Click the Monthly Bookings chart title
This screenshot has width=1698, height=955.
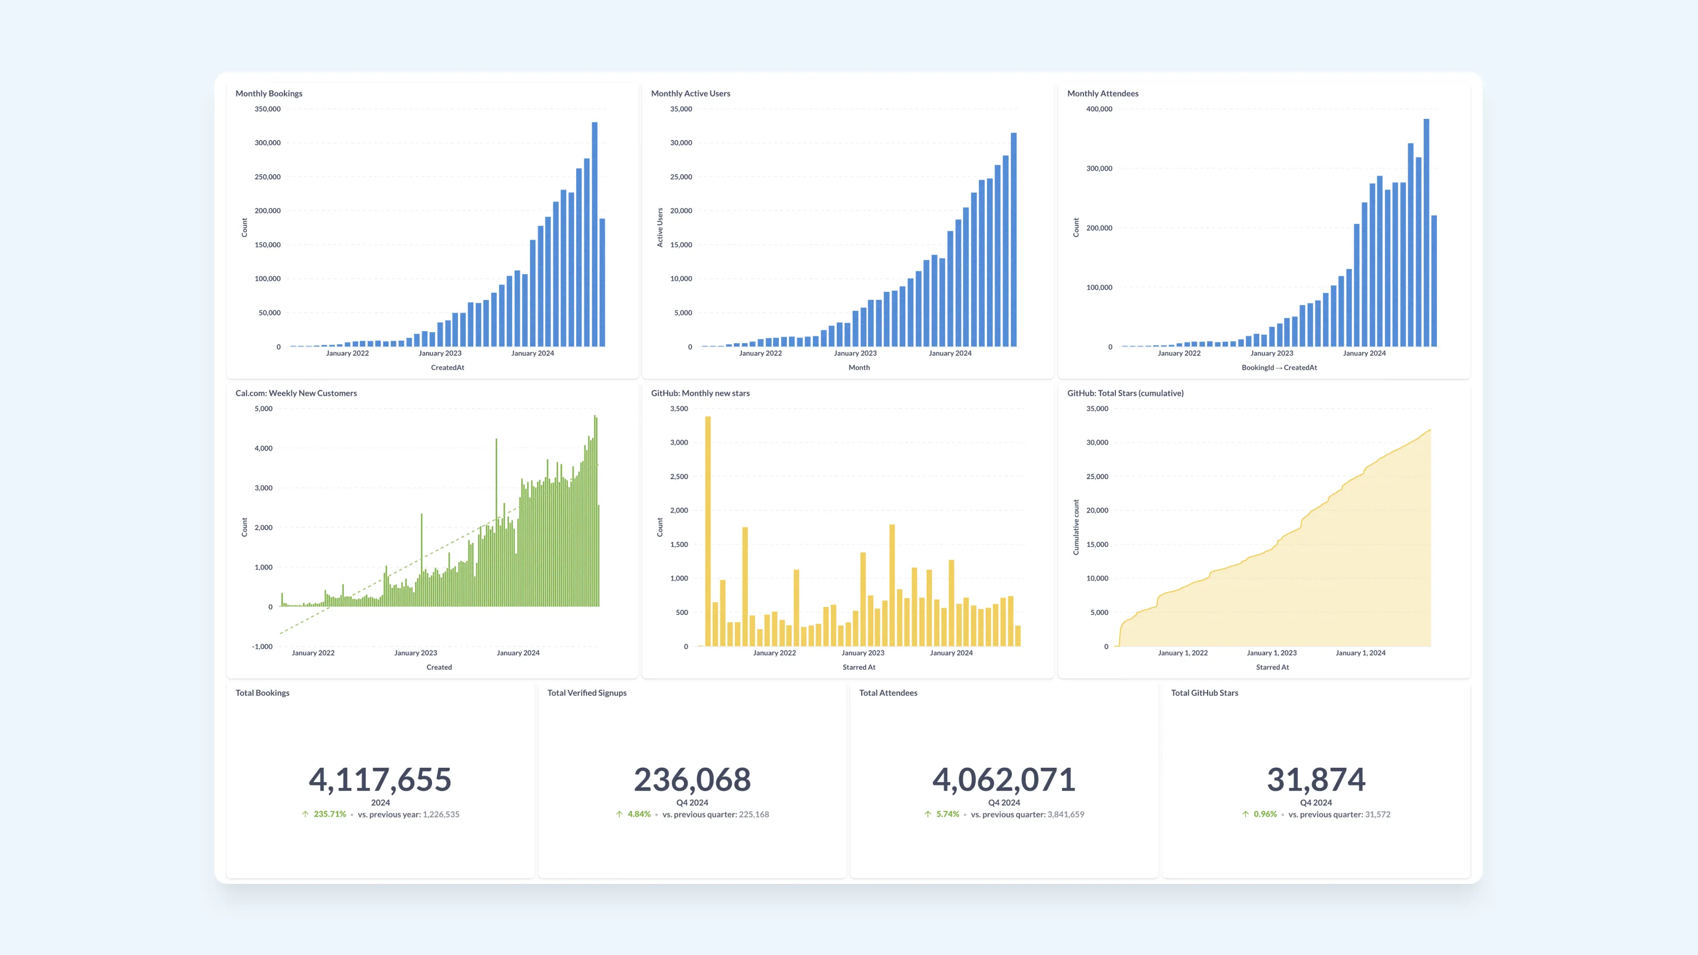(269, 93)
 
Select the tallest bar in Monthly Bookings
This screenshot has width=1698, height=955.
(594, 234)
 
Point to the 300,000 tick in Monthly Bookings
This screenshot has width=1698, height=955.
(267, 143)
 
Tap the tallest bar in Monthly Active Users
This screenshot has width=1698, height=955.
(1014, 239)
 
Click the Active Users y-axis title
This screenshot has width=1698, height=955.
(660, 228)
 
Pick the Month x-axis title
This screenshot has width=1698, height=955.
(859, 368)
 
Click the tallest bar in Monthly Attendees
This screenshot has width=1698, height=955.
(1426, 233)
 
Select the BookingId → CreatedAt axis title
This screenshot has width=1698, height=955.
(1279, 368)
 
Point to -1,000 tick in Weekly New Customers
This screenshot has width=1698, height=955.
(262, 647)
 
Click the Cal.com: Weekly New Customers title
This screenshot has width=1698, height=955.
(296, 394)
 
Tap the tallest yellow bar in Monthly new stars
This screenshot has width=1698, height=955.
(708, 531)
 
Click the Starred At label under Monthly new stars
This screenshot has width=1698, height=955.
(859, 667)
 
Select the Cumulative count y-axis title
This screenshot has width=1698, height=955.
(1076, 527)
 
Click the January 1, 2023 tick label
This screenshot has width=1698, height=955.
(1271, 653)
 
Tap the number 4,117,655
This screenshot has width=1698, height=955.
(380, 780)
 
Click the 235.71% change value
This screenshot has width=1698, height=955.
(330, 814)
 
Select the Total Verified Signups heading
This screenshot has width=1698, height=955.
(587, 693)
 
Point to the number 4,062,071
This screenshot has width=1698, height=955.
(1004, 780)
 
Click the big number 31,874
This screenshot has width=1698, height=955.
(1316, 780)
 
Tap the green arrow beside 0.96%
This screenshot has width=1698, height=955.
(1245, 814)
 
